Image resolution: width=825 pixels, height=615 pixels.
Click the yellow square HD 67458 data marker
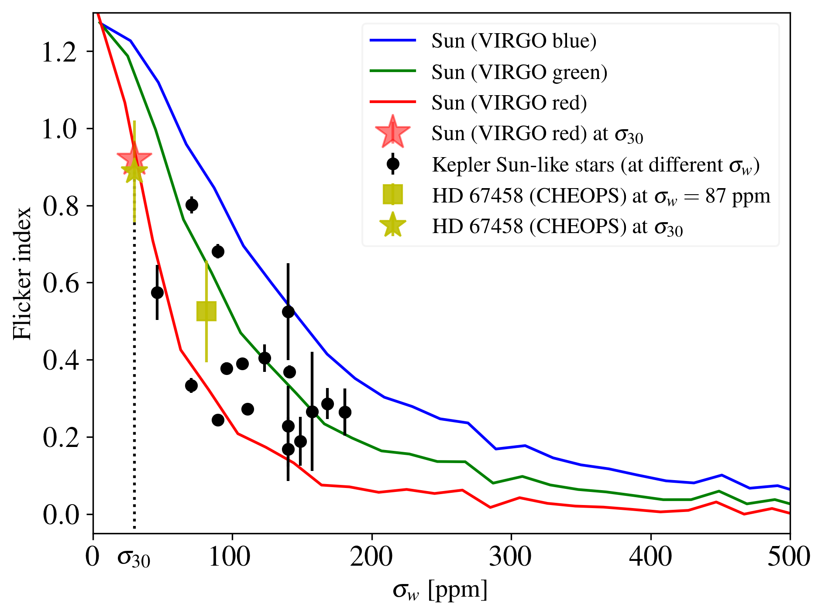pyautogui.click(x=206, y=311)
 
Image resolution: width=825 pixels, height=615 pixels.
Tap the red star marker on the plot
pyautogui.click(x=134, y=158)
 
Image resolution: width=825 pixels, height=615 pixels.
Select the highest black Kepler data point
pyautogui.click(x=192, y=205)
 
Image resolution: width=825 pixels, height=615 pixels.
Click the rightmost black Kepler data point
pyautogui.click(x=345, y=412)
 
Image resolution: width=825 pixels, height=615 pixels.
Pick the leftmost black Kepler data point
pyautogui.click(x=157, y=292)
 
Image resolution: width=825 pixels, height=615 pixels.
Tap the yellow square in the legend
pyautogui.click(x=393, y=195)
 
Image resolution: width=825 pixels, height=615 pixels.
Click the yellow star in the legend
pyautogui.click(x=393, y=226)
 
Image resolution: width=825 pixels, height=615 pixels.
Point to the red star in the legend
pyautogui.click(x=393, y=132)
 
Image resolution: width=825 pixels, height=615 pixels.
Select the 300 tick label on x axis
pyautogui.click(x=511, y=557)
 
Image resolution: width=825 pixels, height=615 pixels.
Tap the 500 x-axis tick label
pyautogui.click(x=789, y=557)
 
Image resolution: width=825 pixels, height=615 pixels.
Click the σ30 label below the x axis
pyautogui.click(x=134, y=559)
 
